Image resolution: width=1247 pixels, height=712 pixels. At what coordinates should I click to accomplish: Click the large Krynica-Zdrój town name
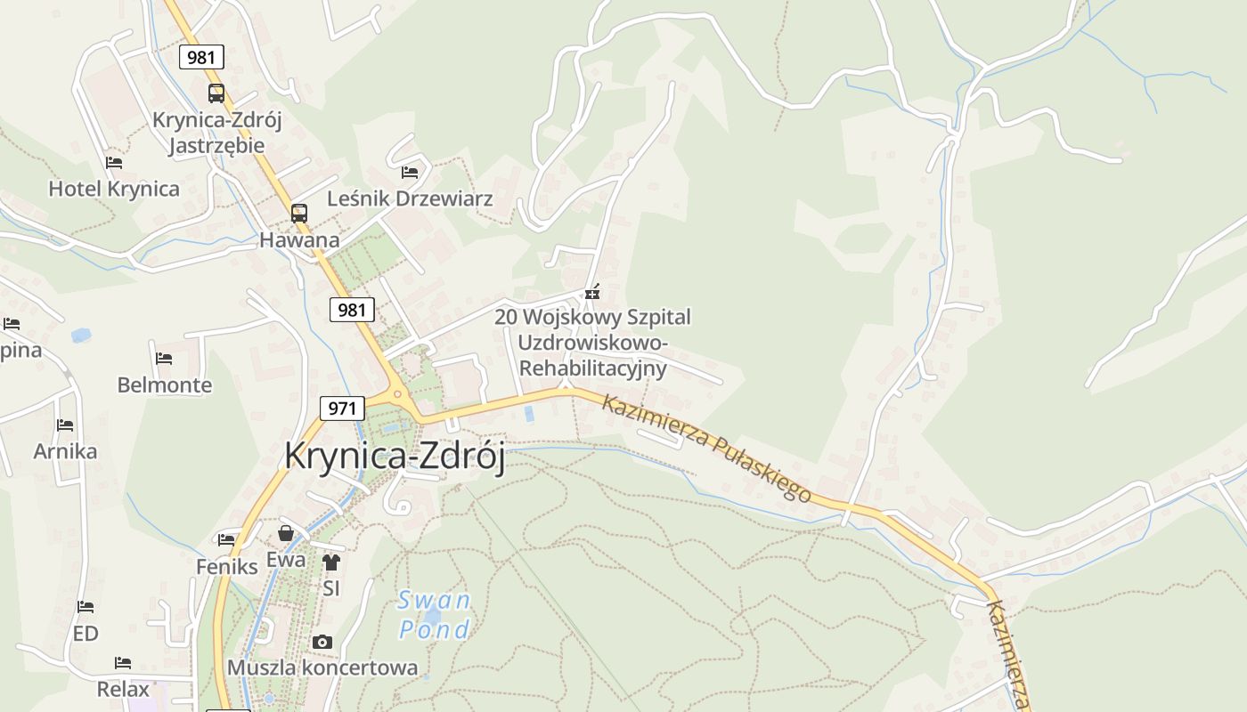pyautogui.click(x=395, y=457)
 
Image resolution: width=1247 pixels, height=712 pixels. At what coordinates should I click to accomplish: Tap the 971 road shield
pyautogui.click(x=342, y=409)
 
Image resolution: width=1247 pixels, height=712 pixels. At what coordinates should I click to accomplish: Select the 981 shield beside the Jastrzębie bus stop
pyautogui.click(x=201, y=58)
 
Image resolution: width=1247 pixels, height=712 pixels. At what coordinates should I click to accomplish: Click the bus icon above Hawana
pyautogui.click(x=299, y=214)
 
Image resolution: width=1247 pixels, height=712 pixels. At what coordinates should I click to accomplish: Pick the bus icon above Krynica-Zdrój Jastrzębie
pyautogui.click(x=216, y=93)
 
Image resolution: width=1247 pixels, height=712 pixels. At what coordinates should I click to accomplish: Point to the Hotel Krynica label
pyautogui.click(x=114, y=189)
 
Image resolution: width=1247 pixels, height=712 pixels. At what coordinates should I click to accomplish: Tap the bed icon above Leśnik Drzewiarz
pyautogui.click(x=410, y=172)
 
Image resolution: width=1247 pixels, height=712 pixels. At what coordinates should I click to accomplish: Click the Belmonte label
pyautogui.click(x=165, y=385)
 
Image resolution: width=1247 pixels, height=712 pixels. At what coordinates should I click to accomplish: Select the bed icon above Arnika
pyautogui.click(x=65, y=425)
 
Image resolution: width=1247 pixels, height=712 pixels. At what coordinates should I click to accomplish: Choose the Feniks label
pyautogui.click(x=226, y=566)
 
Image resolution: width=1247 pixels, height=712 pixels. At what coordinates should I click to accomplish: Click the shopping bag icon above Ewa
pyautogui.click(x=286, y=533)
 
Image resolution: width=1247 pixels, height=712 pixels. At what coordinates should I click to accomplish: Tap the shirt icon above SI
pyautogui.click(x=331, y=562)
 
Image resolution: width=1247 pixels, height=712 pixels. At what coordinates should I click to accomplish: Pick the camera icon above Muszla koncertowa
pyautogui.click(x=322, y=642)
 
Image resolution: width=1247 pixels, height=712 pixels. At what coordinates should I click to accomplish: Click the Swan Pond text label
pyautogui.click(x=434, y=615)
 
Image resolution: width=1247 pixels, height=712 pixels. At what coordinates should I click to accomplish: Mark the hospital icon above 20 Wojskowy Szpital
pyautogui.click(x=592, y=292)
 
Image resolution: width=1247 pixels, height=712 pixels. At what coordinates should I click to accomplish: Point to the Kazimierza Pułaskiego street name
pyautogui.click(x=706, y=448)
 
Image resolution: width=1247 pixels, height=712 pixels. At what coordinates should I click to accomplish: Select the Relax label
pyautogui.click(x=123, y=689)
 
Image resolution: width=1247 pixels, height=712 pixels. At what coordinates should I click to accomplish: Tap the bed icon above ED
pyautogui.click(x=86, y=607)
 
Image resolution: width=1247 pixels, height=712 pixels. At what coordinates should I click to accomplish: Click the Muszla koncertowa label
pyautogui.click(x=322, y=667)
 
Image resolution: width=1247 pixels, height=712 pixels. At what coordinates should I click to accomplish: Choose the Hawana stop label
pyautogui.click(x=299, y=239)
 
